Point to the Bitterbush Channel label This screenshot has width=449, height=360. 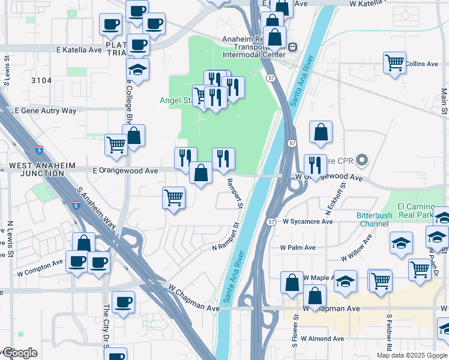[x=374, y=220]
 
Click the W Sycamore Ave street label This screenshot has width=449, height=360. [x=307, y=221]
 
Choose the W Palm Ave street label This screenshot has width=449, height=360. [x=297, y=247]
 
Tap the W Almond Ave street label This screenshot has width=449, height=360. [x=322, y=338]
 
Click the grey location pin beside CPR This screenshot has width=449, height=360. [x=361, y=161]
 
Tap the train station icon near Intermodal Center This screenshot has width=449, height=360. [x=292, y=46]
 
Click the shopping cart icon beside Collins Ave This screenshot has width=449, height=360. [x=394, y=62]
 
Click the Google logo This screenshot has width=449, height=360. [x=19, y=353]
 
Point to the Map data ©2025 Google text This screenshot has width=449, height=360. [x=412, y=355]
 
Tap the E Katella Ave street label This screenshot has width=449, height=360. [x=79, y=50]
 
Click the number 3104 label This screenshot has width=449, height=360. [x=41, y=80]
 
